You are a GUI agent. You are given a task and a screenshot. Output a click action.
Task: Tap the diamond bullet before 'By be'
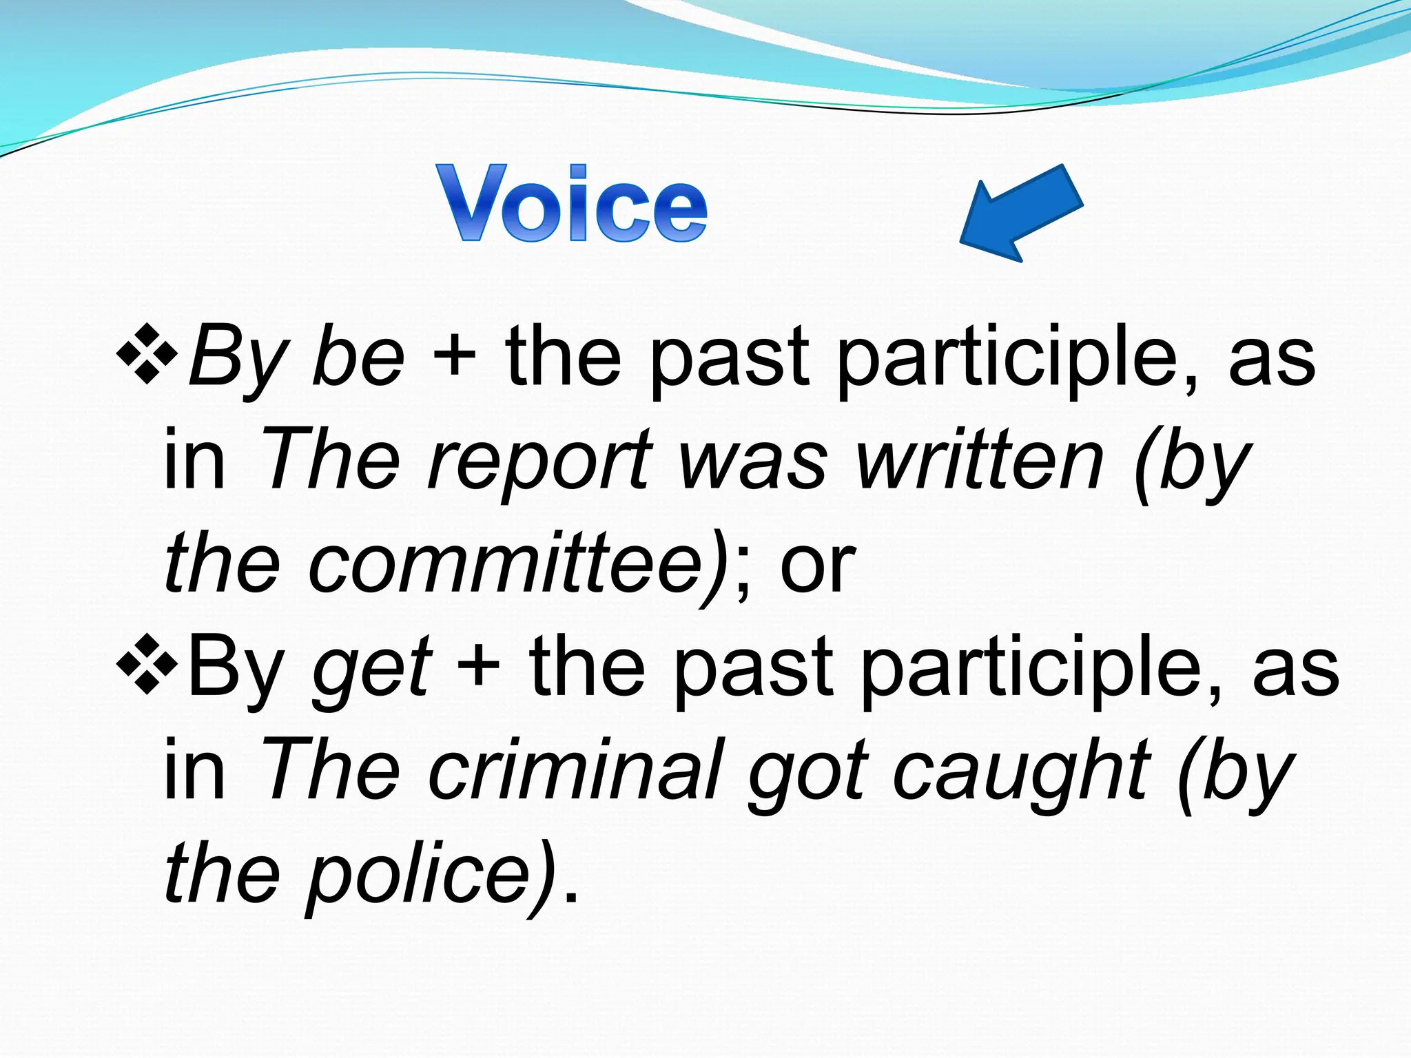[x=147, y=355]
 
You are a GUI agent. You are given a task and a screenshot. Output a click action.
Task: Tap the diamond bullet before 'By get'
[x=147, y=665]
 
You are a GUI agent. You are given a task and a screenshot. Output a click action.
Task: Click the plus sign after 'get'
[x=478, y=668]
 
